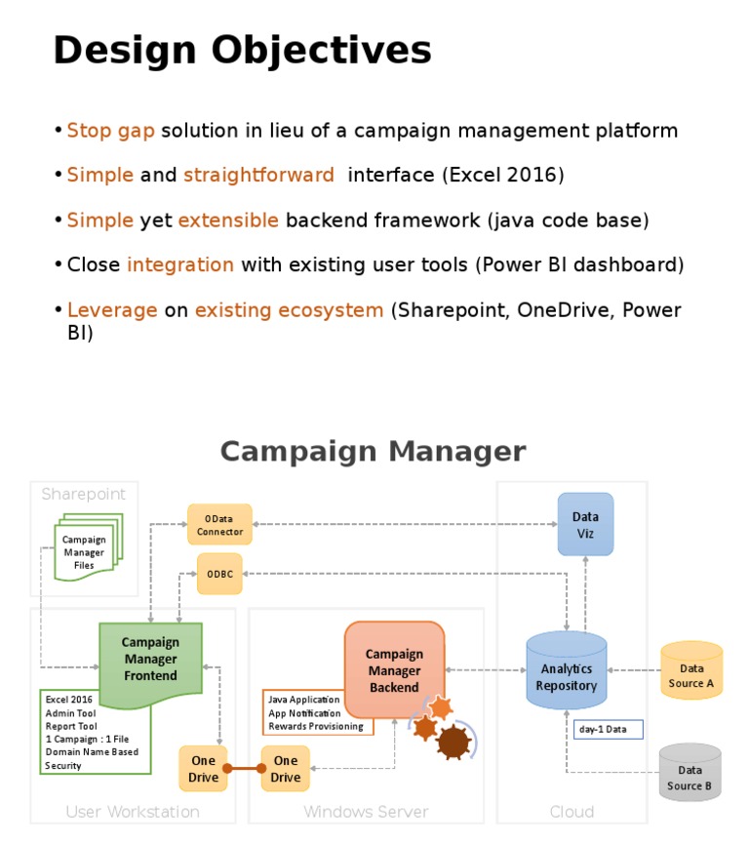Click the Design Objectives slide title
(x=242, y=51)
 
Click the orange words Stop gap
(x=110, y=131)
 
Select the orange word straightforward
(x=258, y=176)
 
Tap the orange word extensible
(x=228, y=221)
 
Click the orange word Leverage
(x=112, y=310)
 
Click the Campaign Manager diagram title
(x=373, y=452)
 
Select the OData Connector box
(x=219, y=525)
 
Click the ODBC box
(x=219, y=575)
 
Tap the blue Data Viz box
(x=585, y=525)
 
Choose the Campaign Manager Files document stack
(x=85, y=550)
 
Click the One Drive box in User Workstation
(x=203, y=769)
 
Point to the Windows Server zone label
(x=366, y=812)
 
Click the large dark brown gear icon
(x=453, y=742)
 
